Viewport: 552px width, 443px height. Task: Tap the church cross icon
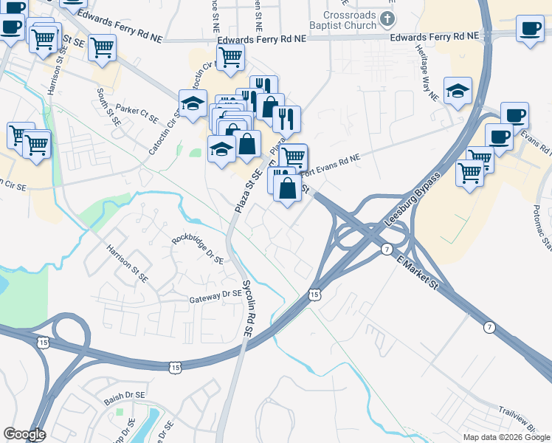pyautogui.click(x=387, y=18)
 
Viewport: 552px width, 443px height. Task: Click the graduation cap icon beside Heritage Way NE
pyautogui.click(x=458, y=92)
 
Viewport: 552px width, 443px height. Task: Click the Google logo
pyautogui.click(x=24, y=434)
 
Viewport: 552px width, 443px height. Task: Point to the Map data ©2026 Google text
pyautogui.click(x=506, y=437)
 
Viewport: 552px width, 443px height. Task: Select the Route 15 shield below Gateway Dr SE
pyautogui.click(x=175, y=366)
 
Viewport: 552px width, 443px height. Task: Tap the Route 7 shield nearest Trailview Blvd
pyautogui.click(x=489, y=326)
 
